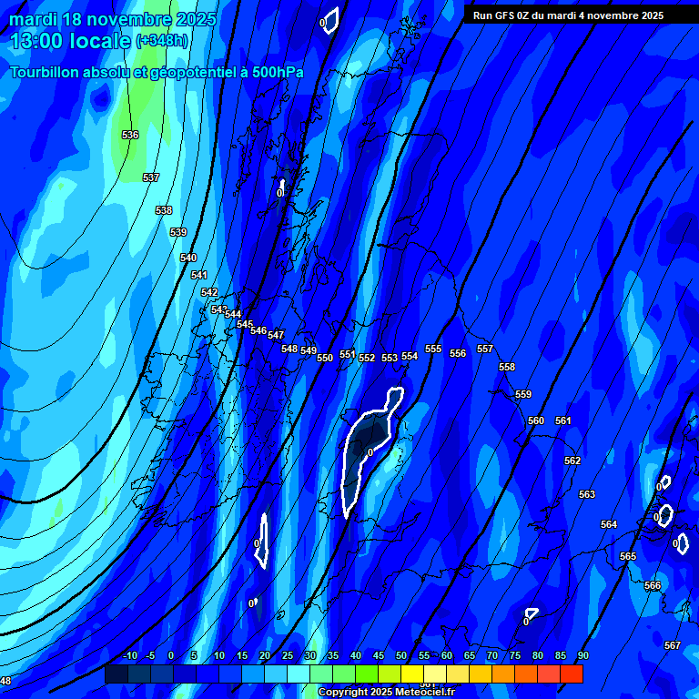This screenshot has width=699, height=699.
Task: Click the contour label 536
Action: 130,136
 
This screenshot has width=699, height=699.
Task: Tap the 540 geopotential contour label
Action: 188,258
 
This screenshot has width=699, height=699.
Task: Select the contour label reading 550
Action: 325,359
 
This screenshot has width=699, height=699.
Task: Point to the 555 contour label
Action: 433,349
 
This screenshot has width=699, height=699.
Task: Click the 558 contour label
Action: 507,368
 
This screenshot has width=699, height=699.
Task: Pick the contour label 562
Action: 572,461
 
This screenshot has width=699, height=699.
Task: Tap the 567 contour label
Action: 673,646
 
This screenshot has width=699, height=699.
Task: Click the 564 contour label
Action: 609,525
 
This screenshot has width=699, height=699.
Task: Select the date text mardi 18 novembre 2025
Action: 113,19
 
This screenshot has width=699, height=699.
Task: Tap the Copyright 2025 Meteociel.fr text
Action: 386,693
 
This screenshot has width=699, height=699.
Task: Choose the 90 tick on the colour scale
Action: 582,656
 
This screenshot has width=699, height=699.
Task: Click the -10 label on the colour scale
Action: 129,656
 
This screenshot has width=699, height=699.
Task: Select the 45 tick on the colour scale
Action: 378,656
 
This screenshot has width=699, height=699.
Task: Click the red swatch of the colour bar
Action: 572,674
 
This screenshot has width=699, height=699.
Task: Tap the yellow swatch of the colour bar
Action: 412,674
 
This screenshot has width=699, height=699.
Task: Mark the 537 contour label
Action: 151,178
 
